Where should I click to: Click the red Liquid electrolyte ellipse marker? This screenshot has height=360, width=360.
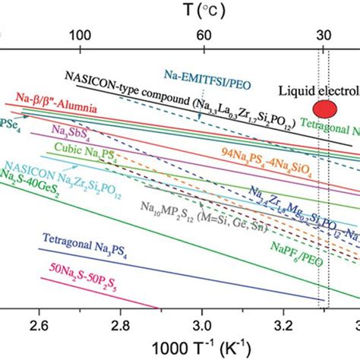[324, 107]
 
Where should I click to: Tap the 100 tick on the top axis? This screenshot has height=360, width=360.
[81, 36]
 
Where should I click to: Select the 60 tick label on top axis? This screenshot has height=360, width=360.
[203, 36]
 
